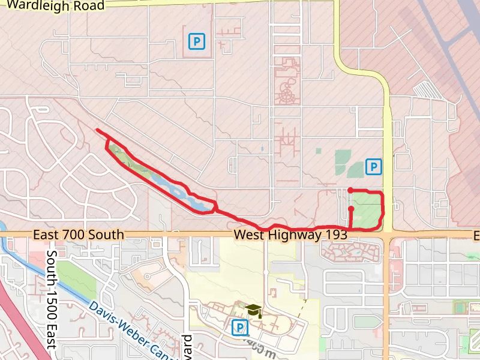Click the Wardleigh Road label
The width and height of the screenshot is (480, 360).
point(56,6)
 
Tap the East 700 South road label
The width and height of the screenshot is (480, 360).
point(79,235)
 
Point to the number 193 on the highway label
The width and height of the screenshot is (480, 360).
point(335,235)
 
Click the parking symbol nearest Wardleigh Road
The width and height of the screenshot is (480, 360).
point(196,41)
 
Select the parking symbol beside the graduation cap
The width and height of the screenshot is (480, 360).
point(239,328)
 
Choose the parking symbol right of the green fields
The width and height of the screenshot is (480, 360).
point(374,167)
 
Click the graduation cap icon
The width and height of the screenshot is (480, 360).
point(254,310)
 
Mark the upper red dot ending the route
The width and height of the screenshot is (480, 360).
point(350,190)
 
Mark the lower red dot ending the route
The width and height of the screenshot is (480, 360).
point(350,209)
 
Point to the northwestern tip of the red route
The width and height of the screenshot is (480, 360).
point(97,130)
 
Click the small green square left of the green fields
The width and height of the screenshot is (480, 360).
point(318,151)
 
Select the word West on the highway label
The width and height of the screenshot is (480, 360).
point(248,235)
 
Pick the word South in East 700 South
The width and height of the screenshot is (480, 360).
point(108,235)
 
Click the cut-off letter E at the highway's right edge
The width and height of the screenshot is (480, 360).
point(476,235)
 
